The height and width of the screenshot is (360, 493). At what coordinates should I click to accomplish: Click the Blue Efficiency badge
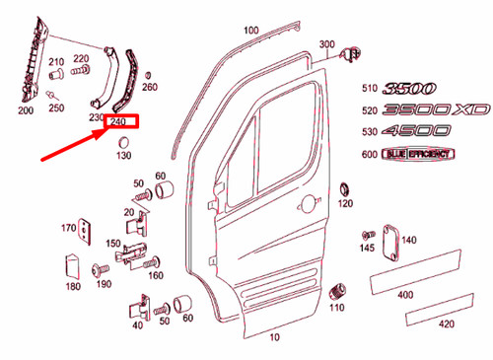pos(419,155)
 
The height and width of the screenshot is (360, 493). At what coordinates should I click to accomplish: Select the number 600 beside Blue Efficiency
pos(370,155)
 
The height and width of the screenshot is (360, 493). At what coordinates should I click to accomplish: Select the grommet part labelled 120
pos(344,188)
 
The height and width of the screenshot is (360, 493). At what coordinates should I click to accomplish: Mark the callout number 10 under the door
pos(273,335)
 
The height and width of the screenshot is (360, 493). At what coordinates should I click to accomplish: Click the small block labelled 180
pos(72,266)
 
